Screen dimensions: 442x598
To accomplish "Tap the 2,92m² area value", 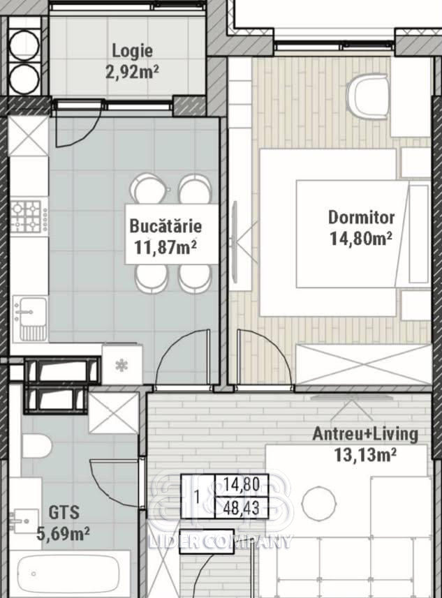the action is click(132, 72).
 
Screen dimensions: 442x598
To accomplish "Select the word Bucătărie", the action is click(165, 226).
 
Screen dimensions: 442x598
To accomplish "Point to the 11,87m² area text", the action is click(165, 247).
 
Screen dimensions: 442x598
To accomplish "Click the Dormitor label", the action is click(361, 218).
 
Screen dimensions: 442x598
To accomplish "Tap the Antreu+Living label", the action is click(365, 434).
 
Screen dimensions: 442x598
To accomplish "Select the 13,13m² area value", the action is click(365, 454).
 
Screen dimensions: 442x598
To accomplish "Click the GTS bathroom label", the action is click(64, 512).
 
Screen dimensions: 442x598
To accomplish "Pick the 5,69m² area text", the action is click(63, 534).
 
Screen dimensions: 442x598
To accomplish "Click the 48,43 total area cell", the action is click(242, 507).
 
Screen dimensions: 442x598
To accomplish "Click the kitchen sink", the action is click(30, 318).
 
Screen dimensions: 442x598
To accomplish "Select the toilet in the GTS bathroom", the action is click(36, 445).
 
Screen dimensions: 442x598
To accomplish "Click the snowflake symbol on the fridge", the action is click(121, 366).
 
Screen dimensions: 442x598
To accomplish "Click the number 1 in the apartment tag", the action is click(198, 497).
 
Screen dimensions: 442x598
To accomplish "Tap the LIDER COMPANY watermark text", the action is click(220, 541).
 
